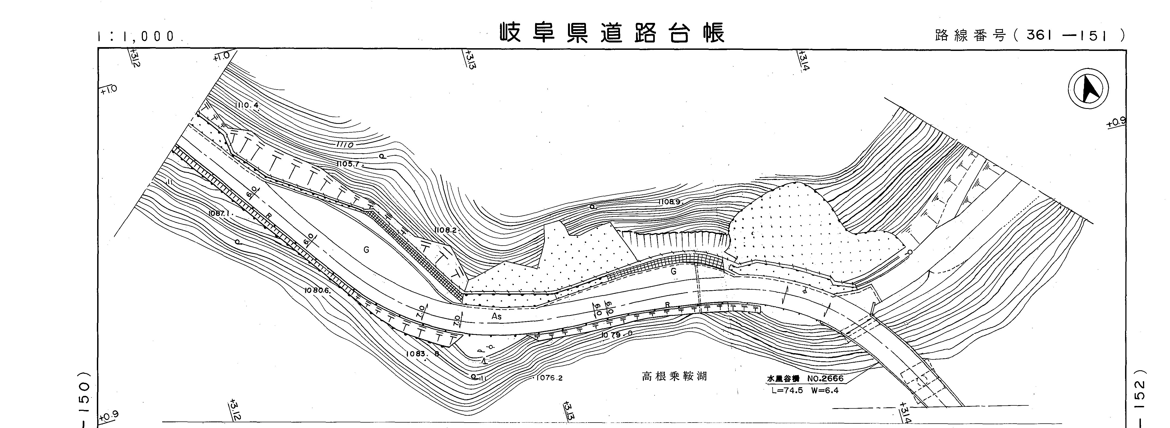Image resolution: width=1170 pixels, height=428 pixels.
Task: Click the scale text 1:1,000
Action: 136,36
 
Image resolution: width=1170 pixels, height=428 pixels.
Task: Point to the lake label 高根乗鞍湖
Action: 674,377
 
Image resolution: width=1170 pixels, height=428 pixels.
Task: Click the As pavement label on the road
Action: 496,316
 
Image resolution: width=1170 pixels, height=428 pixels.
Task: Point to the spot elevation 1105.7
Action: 349,164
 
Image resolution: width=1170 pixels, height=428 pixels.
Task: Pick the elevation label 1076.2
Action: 549,378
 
